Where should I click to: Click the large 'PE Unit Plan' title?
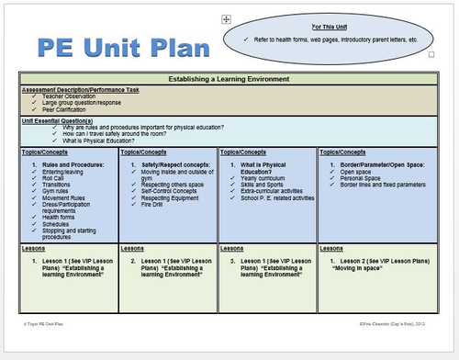pyautogui.click(x=116, y=47)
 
